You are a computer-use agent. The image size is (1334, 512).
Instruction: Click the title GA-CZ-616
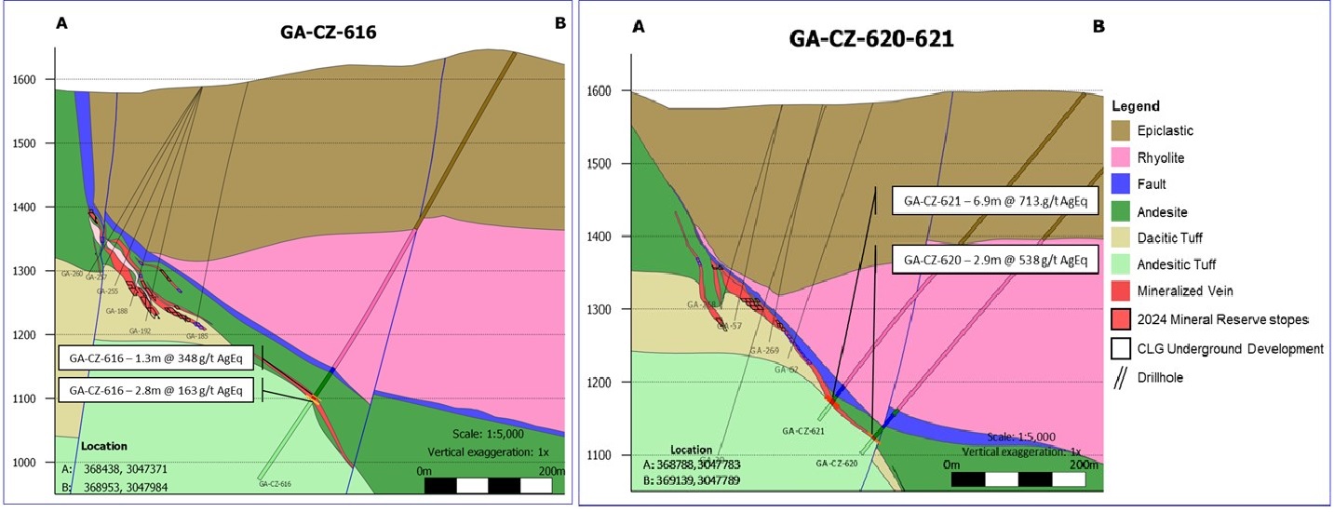coord(322,32)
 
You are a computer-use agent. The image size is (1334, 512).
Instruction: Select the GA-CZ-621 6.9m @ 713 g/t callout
coord(991,200)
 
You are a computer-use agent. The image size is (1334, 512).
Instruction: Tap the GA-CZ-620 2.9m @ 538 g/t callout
coord(991,258)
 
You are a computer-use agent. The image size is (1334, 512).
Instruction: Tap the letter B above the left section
coord(559,22)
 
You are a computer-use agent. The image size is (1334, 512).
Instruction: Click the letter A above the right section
coord(639,27)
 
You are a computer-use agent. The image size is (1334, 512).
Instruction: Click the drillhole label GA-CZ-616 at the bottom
coord(276,484)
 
